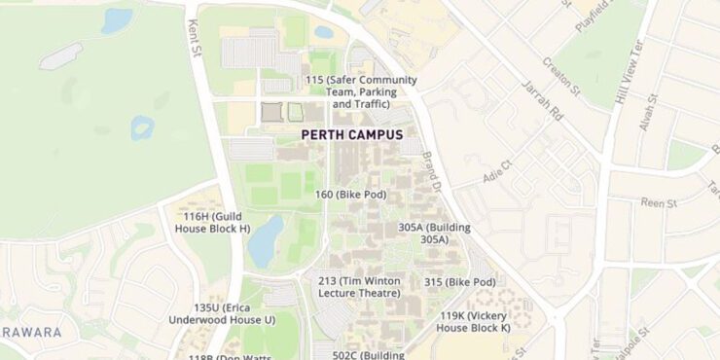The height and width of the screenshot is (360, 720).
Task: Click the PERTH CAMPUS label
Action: (351, 135)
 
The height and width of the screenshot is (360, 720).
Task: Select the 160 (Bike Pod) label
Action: (350, 195)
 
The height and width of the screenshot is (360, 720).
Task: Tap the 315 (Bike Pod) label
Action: (459, 282)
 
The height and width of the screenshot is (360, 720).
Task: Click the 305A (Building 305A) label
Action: (434, 233)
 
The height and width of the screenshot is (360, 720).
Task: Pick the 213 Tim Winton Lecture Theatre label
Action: (359, 287)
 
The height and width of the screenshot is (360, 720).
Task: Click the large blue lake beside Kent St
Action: (265, 241)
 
